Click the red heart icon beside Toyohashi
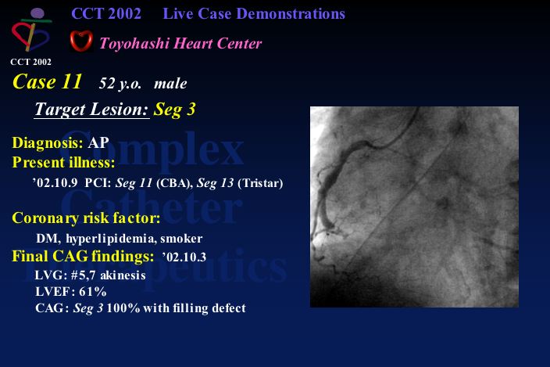81,41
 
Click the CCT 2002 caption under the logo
31,62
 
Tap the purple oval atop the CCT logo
37,14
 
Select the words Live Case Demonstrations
254,14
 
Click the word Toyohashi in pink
134,44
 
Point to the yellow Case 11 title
47,82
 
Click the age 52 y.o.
120,84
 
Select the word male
170,84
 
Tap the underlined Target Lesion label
92,110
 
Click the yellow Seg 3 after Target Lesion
174,110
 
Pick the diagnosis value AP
98,142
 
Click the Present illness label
63,162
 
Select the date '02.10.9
55,183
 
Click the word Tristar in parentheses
260,183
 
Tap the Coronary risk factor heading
86,218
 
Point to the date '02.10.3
184,257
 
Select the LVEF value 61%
93,292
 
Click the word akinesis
123,275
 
